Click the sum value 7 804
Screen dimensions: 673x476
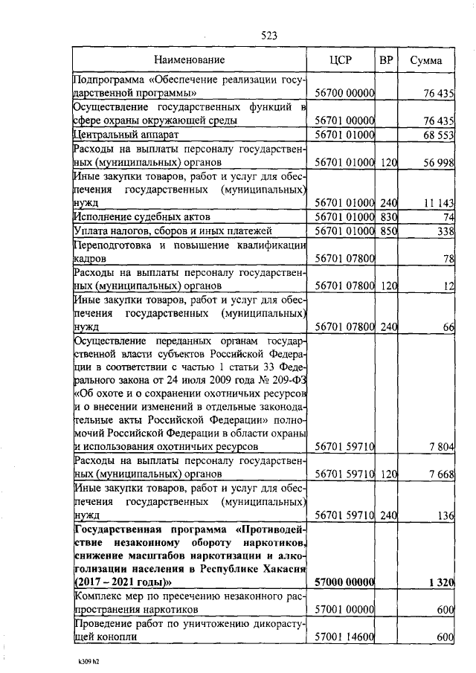[x=440, y=446]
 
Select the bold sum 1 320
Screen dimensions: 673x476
[x=441, y=582]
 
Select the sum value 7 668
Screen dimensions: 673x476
[x=440, y=474]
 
